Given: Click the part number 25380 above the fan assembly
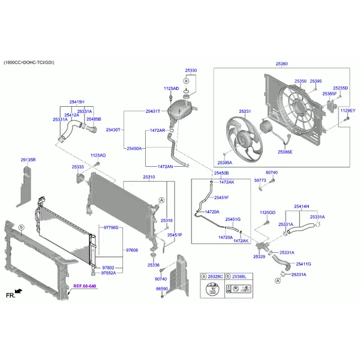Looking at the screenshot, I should point(281,63).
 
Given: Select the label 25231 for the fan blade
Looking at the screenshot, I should point(245,111).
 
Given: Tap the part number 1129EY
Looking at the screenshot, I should point(347,111).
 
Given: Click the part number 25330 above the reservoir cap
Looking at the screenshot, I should point(191,70).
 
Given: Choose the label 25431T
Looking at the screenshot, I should point(152,111).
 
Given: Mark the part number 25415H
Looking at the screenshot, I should point(77,102).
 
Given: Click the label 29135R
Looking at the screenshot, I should point(28,160).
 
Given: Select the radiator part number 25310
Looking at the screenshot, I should point(149,177).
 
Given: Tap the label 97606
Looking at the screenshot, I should point(131,250).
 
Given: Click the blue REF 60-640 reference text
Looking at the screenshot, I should point(85,286).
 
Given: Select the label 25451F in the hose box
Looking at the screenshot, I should point(221,197).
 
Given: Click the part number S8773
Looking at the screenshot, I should point(259,180).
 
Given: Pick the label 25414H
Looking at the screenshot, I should point(301,206).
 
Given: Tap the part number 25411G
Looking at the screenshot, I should point(304,264).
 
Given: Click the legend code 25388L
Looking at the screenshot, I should point(241,276).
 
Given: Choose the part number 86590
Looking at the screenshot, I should point(162,289).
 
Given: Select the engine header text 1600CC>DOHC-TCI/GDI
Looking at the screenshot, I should point(29,62).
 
